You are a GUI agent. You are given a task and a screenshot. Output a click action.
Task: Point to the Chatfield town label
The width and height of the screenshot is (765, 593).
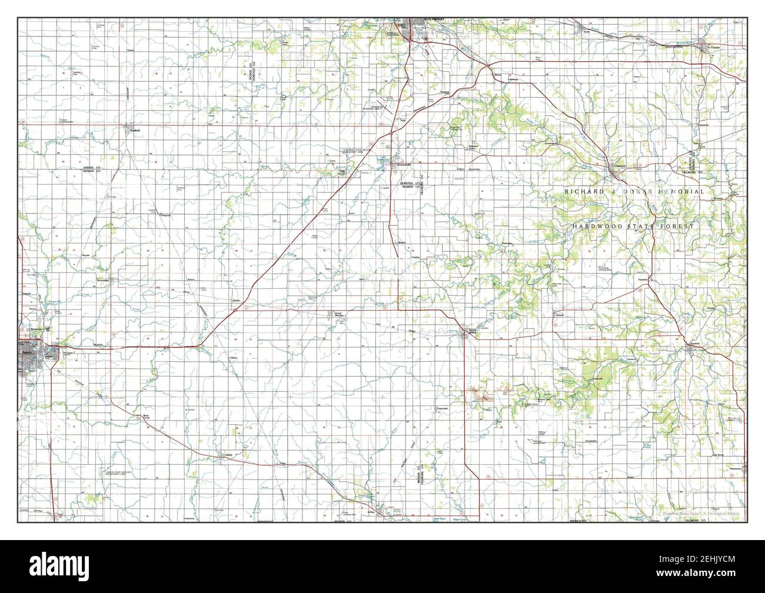coord(618,166)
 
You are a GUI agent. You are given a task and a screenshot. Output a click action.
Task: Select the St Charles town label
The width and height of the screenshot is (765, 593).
coord(714,47)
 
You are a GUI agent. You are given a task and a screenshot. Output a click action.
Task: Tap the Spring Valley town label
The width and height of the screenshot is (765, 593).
coord(472,331)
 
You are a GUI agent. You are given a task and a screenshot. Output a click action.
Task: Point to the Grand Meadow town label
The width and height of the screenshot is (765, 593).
coord(338,315)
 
